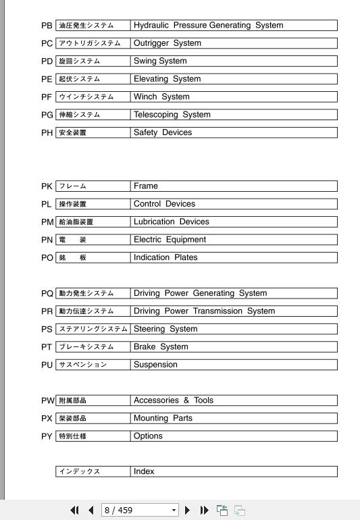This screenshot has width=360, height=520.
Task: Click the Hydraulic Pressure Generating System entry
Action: pyautogui.click(x=208, y=26)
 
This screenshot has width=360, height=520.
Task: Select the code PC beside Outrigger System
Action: pyautogui.click(x=47, y=43)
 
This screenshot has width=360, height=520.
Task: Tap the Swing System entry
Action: pyautogui.click(x=160, y=61)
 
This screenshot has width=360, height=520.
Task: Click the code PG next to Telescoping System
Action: pyautogui.click(x=47, y=115)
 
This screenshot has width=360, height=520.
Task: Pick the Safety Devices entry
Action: pyautogui.click(x=163, y=132)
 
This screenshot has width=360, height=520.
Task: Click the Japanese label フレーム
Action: pyautogui.click(x=73, y=186)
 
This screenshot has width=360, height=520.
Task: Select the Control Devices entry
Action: pyautogui.click(x=164, y=204)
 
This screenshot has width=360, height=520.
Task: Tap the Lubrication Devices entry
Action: pyautogui.click(x=172, y=222)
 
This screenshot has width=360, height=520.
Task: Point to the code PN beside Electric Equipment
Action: pyautogui.click(x=47, y=240)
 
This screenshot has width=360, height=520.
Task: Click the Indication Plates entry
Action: pyautogui.click(x=165, y=257)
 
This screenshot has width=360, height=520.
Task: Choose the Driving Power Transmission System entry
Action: pyautogui.click(x=204, y=311)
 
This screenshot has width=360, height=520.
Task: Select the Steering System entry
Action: pyautogui.click(x=165, y=329)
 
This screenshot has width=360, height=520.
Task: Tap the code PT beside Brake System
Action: pyautogui.click(x=47, y=347)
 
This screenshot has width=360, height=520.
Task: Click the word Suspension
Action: pyautogui.click(x=155, y=365)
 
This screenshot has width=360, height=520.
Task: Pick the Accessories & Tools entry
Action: pyautogui.click(x=174, y=400)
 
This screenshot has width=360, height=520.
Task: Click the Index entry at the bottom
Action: pyautogui.click(x=144, y=471)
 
